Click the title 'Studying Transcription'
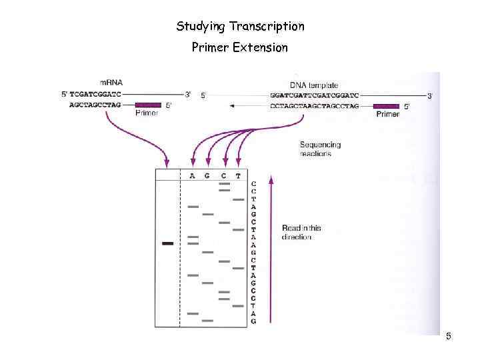click(x=240, y=27)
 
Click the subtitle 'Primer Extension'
click(x=240, y=48)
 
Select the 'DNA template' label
click(x=314, y=85)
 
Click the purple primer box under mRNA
click(x=148, y=105)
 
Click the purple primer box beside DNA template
click(x=387, y=105)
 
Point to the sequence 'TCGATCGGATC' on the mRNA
click(x=96, y=95)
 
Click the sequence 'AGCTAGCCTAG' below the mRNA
click(x=96, y=105)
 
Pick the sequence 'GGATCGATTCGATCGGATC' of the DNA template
click(x=315, y=95)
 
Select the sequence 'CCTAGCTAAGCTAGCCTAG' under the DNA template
click(x=315, y=105)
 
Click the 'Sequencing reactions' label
click(x=320, y=149)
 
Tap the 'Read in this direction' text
click(x=301, y=233)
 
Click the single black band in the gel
click(x=167, y=243)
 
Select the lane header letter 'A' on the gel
click(x=192, y=176)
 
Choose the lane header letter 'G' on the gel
click(x=207, y=176)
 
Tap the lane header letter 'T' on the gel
click(x=238, y=176)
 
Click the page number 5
click(x=449, y=337)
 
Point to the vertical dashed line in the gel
click(x=180, y=253)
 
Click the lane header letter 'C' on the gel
click(x=223, y=176)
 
